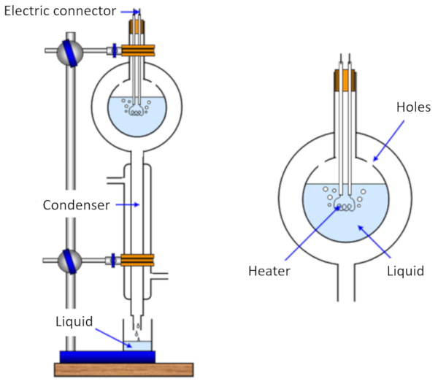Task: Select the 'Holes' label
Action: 413,107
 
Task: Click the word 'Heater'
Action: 269,271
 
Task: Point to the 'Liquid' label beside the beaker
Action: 74,321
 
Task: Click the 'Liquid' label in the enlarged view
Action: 406,271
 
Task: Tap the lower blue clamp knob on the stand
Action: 72,260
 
